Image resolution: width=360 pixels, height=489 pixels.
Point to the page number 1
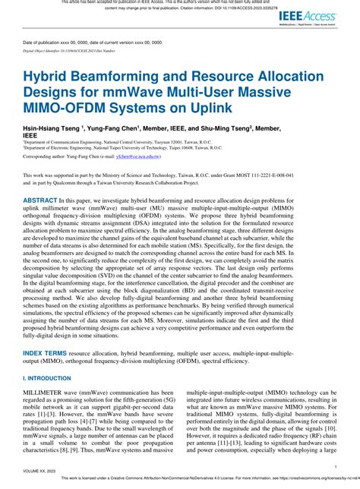(x=334, y=468)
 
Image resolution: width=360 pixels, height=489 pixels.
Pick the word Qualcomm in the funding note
(x=99, y=183)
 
